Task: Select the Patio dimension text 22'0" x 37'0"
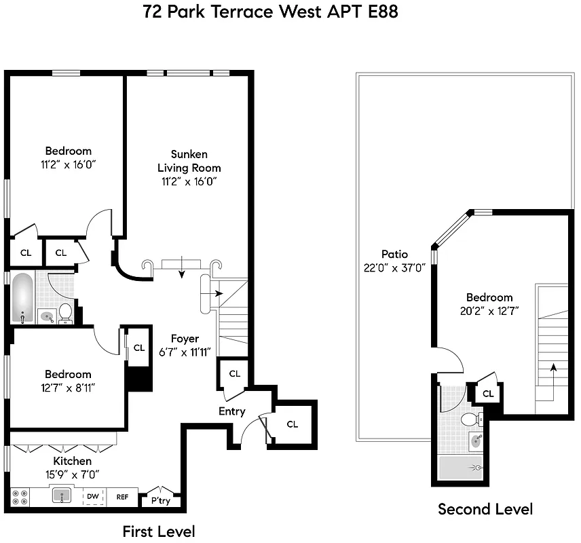[394, 267]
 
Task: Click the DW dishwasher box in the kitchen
[93, 497]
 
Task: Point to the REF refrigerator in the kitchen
[122, 497]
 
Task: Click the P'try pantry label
[161, 501]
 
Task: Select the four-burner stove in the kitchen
[20, 497]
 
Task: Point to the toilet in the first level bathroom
[66, 312]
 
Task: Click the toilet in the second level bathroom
[469, 420]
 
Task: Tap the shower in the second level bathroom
[461, 468]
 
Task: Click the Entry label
[231, 411]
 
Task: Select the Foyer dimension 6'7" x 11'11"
[185, 351]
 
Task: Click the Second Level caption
[485, 509]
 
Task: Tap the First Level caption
[158, 531]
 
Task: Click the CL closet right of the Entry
[292, 424]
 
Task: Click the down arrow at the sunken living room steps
[181, 272]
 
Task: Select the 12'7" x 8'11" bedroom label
[68, 387]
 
